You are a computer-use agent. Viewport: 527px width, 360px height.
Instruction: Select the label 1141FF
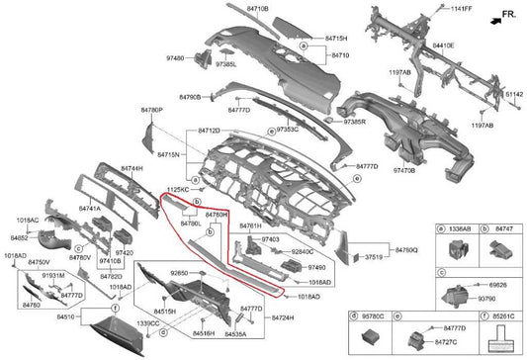click(462, 9)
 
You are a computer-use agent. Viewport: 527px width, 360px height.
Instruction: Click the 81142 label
click(513, 94)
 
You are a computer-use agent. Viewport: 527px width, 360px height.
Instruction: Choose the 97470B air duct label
click(404, 171)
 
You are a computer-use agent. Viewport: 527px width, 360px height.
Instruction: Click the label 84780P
click(150, 111)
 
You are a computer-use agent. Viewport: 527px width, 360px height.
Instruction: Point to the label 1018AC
click(28, 220)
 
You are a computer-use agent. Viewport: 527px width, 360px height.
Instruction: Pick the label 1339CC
click(148, 323)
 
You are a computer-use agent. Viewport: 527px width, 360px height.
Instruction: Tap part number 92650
click(180, 270)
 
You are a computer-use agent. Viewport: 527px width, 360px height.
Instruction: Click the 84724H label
click(283, 316)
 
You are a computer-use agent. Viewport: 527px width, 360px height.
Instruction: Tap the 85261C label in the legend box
click(502, 316)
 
